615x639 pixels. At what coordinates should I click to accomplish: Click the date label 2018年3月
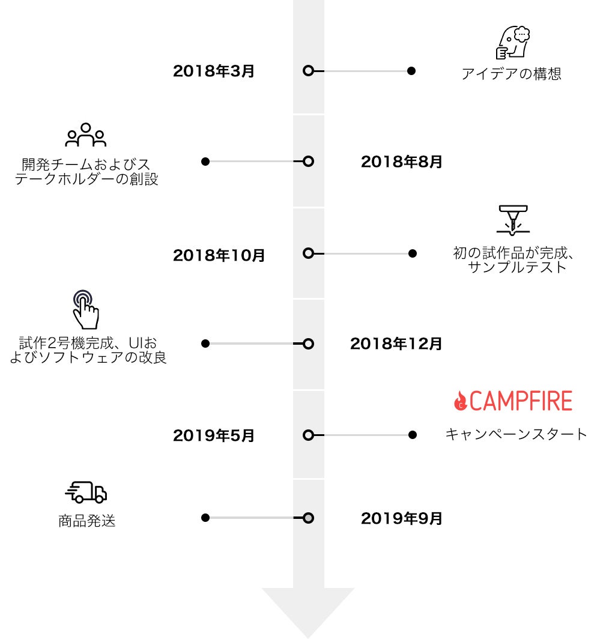click(x=214, y=71)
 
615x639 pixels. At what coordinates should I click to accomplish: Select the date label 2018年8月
click(x=401, y=162)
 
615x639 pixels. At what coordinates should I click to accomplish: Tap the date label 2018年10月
click(x=219, y=255)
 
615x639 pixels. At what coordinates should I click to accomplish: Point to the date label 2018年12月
click(x=396, y=344)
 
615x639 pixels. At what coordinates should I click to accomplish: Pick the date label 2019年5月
click(x=214, y=435)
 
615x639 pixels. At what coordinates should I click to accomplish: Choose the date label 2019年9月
click(x=401, y=518)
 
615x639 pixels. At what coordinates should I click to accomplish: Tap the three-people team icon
click(x=86, y=135)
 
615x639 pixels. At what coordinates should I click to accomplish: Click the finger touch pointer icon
click(x=85, y=309)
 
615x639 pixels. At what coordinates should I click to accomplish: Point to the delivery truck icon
click(x=86, y=492)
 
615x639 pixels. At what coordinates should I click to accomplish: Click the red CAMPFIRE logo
click(x=513, y=401)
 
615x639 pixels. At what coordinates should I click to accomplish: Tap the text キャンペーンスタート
click(x=516, y=434)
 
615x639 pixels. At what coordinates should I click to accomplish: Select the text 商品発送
click(x=87, y=521)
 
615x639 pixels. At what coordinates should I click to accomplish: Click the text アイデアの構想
click(x=511, y=73)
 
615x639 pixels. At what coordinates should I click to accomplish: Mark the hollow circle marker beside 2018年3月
click(x=308, y=71)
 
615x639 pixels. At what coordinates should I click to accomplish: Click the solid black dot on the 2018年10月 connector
click(x=412, y=253)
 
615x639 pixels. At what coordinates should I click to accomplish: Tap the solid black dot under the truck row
click(x=205, y=518)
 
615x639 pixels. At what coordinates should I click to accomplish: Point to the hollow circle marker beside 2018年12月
click(x=308, y=344)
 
